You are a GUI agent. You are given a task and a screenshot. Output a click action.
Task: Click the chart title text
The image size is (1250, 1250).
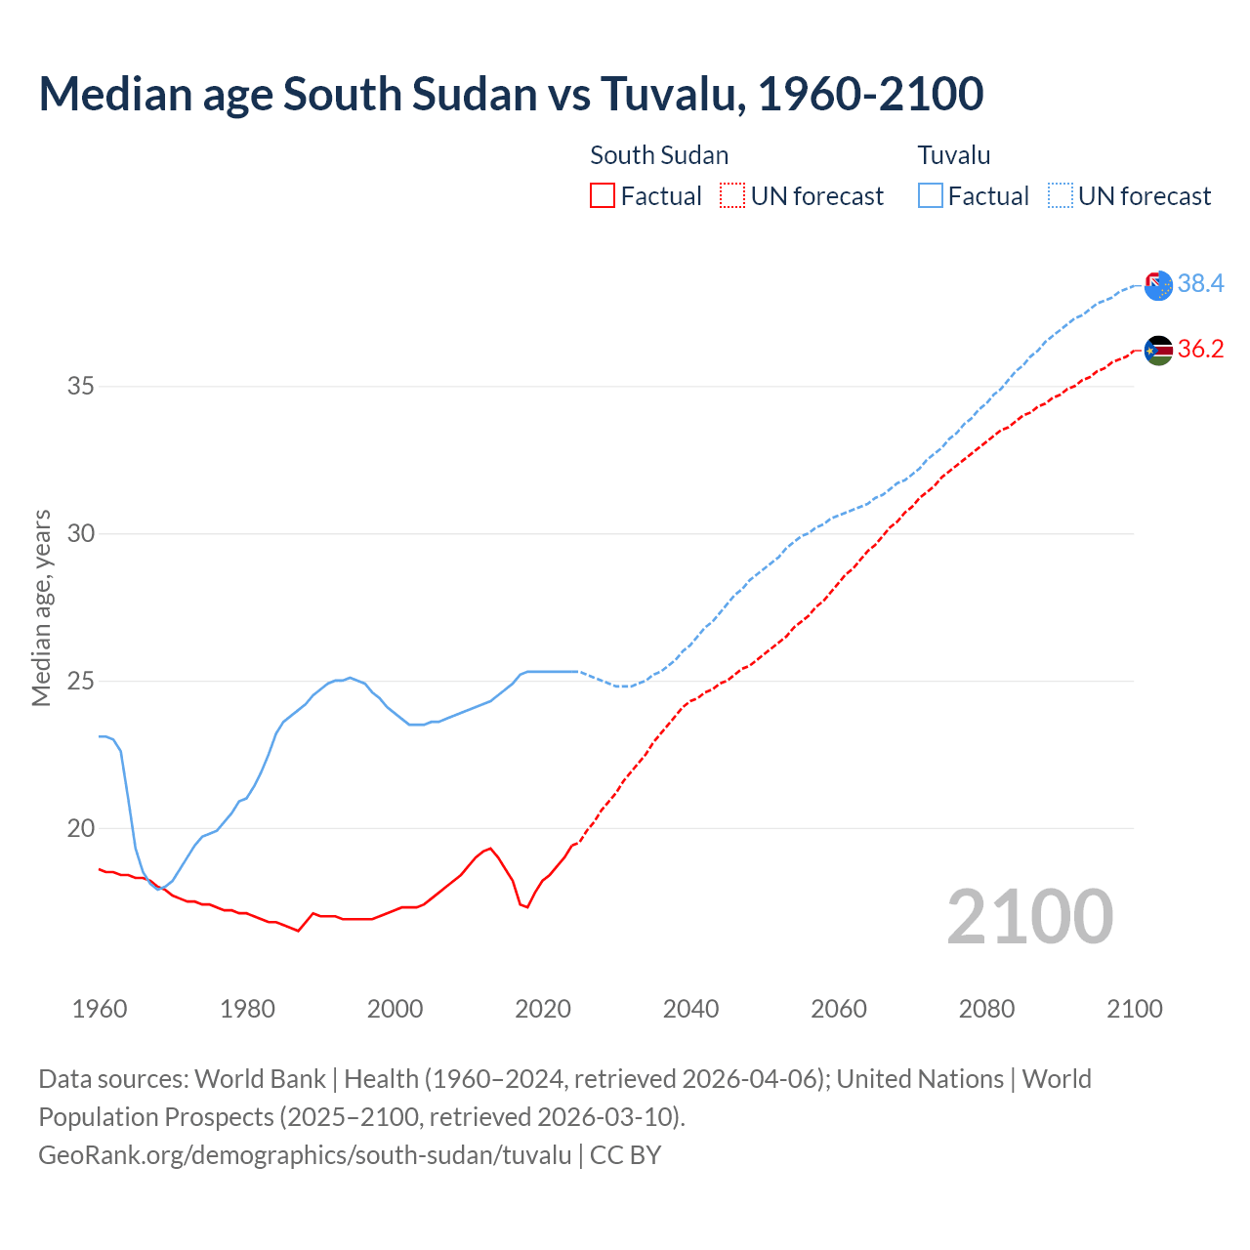(511, 94)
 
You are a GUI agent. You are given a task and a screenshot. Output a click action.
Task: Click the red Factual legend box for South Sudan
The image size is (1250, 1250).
(603, 195)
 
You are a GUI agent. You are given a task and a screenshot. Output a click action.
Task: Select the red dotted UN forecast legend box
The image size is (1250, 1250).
(732, 195)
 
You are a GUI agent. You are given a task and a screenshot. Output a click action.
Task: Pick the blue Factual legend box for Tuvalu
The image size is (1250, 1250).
(931, 195)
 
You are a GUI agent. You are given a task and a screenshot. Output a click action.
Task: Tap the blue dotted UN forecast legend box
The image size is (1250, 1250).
(1060, 195)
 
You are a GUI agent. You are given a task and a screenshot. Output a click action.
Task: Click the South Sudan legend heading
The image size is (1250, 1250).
(659, 155)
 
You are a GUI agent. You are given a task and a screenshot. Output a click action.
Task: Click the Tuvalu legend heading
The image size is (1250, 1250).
(954, 155)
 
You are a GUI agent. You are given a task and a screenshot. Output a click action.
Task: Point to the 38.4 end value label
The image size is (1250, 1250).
(1200, 283)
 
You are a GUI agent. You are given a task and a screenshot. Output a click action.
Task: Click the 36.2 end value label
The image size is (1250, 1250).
(1200, 350)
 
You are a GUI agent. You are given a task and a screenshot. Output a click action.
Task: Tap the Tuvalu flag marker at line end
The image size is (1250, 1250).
(1158, 286)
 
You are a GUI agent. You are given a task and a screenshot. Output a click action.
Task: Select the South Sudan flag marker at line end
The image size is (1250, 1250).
(1158, 351)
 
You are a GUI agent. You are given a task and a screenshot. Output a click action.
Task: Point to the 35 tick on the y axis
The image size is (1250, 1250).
(81, 387)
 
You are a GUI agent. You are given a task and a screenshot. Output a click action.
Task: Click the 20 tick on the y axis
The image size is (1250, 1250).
(81, 829)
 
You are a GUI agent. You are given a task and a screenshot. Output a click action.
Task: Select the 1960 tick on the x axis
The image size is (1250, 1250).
(100, 1009)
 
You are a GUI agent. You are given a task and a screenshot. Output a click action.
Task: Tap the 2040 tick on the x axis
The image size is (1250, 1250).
(690, 1009)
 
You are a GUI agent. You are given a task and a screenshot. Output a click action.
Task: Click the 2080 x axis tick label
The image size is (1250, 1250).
(986, 1009)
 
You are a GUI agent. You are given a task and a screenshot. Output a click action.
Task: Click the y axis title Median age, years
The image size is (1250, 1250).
(41, 607)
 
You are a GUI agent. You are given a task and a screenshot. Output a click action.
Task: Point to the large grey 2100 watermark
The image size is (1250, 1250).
(1029, 916)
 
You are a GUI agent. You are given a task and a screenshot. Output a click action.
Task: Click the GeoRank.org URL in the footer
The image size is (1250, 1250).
(305, 1155)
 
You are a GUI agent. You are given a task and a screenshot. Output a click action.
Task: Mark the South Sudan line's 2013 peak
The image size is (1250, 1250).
(490, 848)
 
